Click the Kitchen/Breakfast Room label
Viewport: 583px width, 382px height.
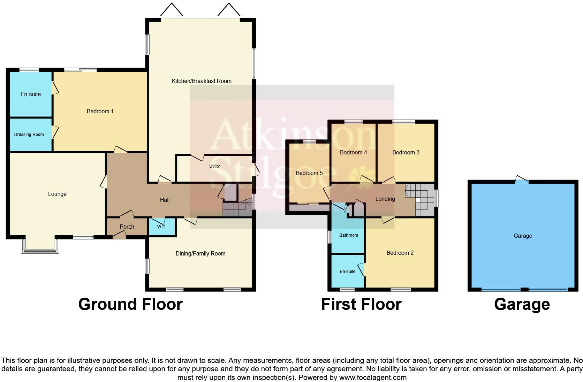click(x=202, y=81)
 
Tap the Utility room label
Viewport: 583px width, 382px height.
click(x=214, y=166)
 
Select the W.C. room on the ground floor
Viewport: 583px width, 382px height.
click(x=162, y=227)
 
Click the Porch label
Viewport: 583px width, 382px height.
click(x=127, y=227)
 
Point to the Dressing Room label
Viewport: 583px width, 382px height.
click(x=29, y=135)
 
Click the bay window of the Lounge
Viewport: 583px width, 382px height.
click(x=40, y=245)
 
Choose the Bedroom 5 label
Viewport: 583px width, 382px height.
click(x=309, y=173)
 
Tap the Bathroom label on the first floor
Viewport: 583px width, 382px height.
click(x=348, y=235)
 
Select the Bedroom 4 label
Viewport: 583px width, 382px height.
click(x=353, y=152)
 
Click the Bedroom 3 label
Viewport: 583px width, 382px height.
click(x=406, y=152)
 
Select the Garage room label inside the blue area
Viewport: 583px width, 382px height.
click(x=523, y=236)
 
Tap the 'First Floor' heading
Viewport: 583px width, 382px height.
click(x=361, y=304)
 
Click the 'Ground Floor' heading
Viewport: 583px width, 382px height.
click(x=130, y=304)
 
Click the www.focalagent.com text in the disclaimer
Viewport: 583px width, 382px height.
click(x=372, y=377)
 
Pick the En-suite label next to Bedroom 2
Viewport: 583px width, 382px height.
click(x=347, y=272)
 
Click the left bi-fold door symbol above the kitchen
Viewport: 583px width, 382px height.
click(x=172, y=10)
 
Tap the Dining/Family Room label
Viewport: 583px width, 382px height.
click(x=200, y=253)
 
